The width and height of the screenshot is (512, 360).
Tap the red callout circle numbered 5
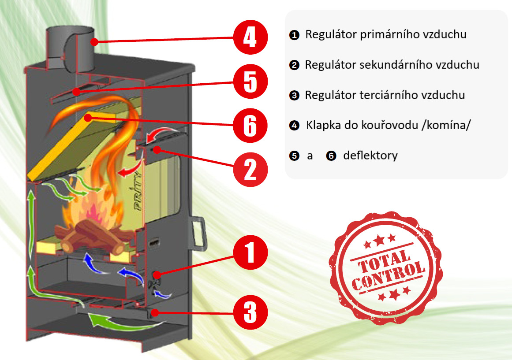[x=250, y=82]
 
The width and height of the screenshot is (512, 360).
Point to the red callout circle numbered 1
[x=250, y=252]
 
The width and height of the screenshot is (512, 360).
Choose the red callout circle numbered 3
[x=250, y=312]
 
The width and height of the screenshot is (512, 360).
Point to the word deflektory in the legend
[x=370, y=156]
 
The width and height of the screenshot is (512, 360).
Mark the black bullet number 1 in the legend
[x=294, y=35]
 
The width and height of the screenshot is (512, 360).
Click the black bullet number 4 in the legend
[x=294, y=126]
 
